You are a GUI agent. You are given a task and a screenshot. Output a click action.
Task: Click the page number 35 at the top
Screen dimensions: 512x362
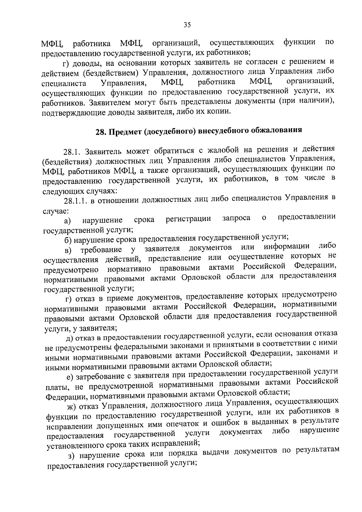(x=187, y=25)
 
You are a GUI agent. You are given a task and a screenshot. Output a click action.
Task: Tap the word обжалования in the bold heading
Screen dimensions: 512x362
(x=279, y=130)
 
